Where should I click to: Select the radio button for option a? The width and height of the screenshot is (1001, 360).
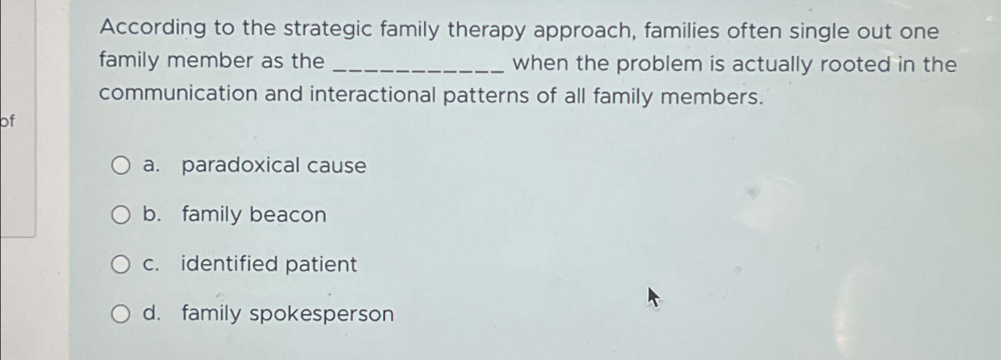point(120,165)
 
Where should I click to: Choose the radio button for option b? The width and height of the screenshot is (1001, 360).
point(120,214)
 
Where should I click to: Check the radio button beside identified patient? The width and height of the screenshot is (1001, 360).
point(120,264)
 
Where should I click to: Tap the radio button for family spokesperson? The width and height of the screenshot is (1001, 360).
point(120,313)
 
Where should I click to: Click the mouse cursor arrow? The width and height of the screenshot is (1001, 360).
point(653,297)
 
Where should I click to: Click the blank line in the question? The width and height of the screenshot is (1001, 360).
point(418,67)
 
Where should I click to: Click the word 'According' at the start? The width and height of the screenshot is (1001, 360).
point(152,28)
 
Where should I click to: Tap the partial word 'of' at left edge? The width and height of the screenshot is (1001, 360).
point(7,122)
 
